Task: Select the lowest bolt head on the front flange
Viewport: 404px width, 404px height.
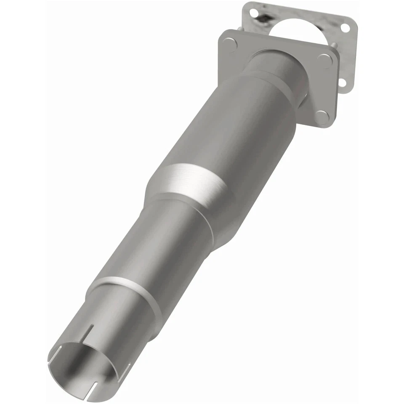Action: pos(322,117)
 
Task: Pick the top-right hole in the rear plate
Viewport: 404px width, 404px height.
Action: pos(345,28)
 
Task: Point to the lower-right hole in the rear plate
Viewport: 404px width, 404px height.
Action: pos(342,83)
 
